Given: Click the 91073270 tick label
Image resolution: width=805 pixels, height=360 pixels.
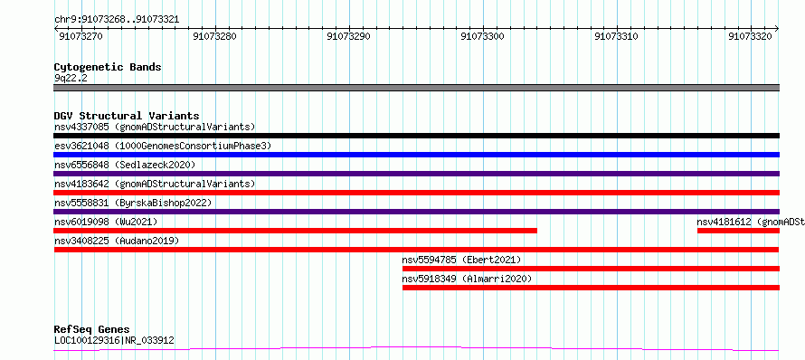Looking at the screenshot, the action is [80, 36].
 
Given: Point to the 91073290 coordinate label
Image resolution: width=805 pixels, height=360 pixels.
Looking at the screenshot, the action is [348, 36].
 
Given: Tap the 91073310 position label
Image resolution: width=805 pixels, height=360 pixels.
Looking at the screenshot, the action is [616, 36].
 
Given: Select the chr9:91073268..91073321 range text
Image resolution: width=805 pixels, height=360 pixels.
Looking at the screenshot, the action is [117, 19].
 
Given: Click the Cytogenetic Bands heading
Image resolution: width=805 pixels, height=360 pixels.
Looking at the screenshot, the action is [108, 67].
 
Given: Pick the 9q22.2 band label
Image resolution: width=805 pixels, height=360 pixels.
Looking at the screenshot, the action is [71, 79].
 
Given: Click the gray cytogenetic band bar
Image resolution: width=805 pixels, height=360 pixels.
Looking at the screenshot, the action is [416, 88].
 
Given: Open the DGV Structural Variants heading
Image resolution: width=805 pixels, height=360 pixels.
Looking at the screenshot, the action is [127, 116].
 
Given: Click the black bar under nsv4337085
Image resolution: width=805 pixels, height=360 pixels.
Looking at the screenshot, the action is [416, 136].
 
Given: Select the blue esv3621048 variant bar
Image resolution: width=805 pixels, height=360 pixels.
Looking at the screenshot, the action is [416, 155].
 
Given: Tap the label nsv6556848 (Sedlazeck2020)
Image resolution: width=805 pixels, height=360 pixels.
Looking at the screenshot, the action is [125, 165].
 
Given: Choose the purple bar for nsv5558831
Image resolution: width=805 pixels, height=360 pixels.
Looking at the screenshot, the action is [416, 212].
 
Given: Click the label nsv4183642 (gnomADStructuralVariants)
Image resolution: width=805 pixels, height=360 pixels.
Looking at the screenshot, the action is [155, 184].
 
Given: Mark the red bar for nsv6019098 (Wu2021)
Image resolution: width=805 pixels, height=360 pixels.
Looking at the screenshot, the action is [295, 231].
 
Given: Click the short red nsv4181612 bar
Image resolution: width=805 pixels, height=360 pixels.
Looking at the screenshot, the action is [738, 231].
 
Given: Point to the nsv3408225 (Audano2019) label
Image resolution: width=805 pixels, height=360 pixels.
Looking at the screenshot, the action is [117, 241].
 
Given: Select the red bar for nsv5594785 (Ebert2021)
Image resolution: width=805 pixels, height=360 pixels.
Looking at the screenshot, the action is [591, 269].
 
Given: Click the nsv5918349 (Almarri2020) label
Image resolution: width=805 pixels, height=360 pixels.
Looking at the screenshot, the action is [467, 279].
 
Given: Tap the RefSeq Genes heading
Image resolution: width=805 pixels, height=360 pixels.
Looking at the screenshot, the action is [91, 329].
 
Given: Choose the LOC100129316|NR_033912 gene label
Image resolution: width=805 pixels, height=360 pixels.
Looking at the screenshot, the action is [114, 340].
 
